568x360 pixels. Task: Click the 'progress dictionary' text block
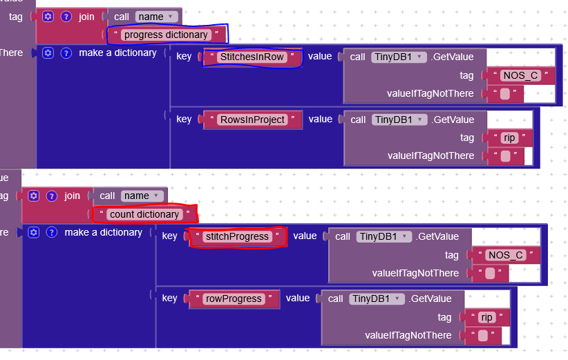click(166, 35)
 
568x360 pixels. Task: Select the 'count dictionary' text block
click(144, 214)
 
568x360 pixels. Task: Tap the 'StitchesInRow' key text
click(252, 57)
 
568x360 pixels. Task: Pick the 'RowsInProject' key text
click(252, 120)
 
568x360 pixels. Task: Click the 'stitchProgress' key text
click(237, 236)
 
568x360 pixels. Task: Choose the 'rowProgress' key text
click(233, 299)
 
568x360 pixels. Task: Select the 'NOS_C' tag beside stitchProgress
click(505, 256)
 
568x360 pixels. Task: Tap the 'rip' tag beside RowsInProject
click(509, 138)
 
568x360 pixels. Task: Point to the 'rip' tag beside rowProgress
click(487, 318)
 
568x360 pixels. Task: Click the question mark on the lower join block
click(51, 196)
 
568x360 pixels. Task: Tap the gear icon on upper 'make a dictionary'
click(48, 53)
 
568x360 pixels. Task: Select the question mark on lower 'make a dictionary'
click(51, 232)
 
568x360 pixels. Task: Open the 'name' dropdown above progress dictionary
click(158, 17)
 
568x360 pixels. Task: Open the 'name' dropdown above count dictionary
click(143, 196)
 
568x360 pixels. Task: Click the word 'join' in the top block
click(86, 17)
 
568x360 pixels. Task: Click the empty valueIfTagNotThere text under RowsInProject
click(505, 156)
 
